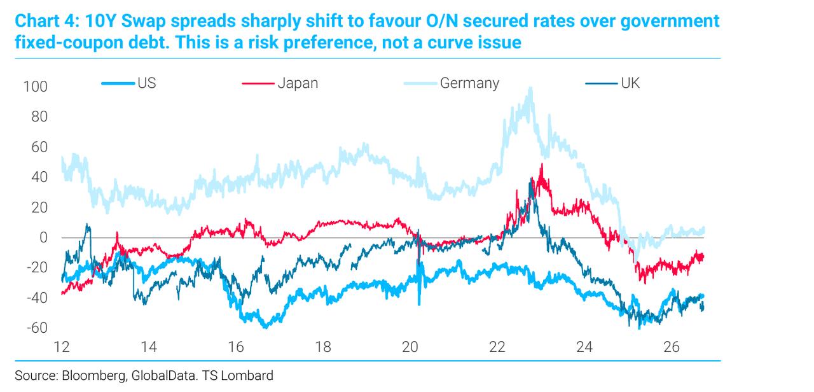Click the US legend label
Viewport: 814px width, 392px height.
(147, 83)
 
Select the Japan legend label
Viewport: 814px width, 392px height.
(298, 83)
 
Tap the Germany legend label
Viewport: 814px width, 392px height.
(469, 83)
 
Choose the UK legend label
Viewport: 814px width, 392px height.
(630, 83)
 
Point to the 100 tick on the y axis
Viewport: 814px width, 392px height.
(35, 87)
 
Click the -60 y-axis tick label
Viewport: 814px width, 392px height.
(37, 328)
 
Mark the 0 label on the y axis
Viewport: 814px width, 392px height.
(44, 238)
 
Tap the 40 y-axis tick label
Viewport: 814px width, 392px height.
(39, 178)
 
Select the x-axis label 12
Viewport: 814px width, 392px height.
(62, 347)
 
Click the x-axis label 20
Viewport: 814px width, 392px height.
(410, 347)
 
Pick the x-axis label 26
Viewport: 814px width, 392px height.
(671, 347)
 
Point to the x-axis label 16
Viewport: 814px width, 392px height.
(235, 347)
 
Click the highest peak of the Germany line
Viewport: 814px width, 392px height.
(531, 88)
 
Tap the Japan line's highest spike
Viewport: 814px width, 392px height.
(542, 164)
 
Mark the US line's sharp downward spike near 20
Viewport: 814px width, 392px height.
(419, 304)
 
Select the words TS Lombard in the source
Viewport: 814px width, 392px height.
(238, 375)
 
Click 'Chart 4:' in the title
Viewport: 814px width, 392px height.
(47, 21)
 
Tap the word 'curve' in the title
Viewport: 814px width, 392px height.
(449, 42)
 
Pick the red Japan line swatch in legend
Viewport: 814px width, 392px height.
(258, 83)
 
